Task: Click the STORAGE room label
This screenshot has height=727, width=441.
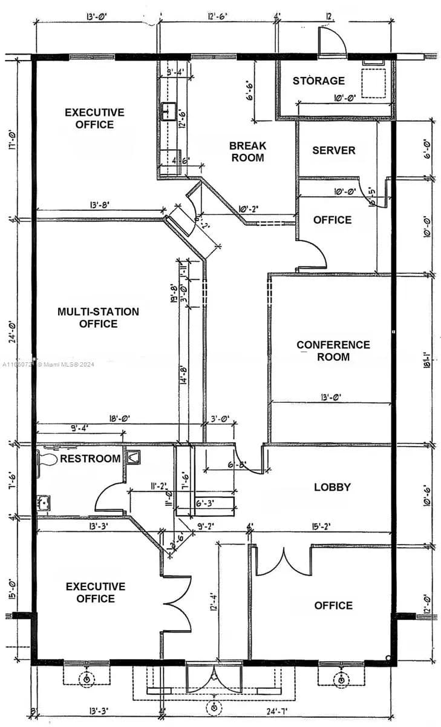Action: pyautogui.click(x=319, y=81)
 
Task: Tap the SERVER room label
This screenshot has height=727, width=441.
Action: pyautogui.click(x=333, y=150)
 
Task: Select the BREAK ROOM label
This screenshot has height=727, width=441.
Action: pyautogui.click(x=247, y=151)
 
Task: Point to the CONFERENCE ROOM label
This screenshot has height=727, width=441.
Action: pyautogui.click(x=333, y=351)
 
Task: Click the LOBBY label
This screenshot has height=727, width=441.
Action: pyautogui.click(x=333, y=487)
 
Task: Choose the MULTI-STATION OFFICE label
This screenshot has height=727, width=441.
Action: pyautogui.click(x=98, y=317)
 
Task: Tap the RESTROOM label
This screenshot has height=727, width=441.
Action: pyautogui.click(x=90, y=459)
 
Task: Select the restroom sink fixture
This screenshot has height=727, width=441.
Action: pyautogui.click(x=44, y=502)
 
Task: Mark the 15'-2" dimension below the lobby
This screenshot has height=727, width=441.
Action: pyautogui.click(x=321, y=526)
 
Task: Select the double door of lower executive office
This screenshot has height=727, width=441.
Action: pyautogui.click(x=178, y=603)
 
